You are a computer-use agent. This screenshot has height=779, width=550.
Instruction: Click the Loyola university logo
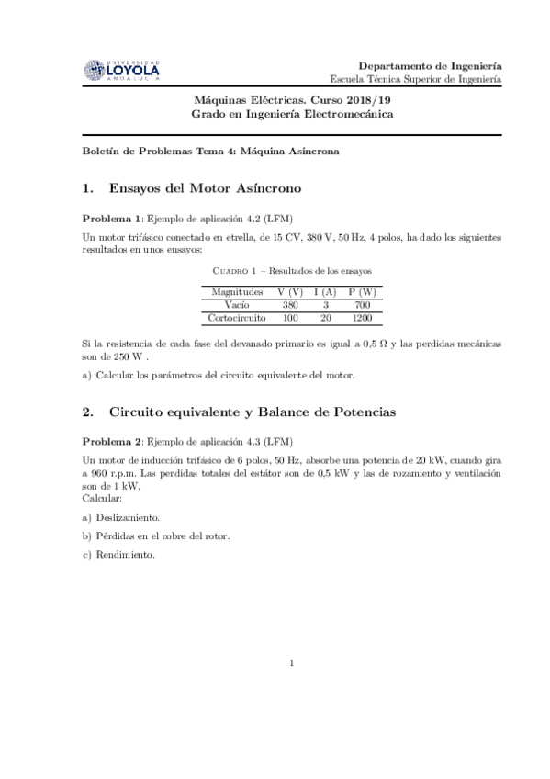coord(121,70)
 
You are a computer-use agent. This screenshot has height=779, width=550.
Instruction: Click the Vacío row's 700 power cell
coord(362,304)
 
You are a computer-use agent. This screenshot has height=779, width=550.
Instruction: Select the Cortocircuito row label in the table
coord(238,317)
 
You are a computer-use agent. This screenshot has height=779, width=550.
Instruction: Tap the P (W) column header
coord(362,291)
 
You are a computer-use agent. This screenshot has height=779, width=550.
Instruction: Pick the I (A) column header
coord(325,291)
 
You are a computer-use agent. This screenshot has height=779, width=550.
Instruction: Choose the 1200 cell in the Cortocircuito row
coord(362,317)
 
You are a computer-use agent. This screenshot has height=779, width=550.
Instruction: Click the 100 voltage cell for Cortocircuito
coord(290,317)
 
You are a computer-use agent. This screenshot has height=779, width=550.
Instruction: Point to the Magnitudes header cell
coord(238,291)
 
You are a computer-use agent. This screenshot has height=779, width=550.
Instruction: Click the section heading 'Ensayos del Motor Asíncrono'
coord(204,188)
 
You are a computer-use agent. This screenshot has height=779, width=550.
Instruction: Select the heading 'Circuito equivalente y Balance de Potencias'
coord(252,412)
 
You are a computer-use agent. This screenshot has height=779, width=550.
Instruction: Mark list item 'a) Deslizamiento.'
coord(120,517)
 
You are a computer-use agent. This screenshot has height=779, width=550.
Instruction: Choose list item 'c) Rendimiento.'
coord(118,555)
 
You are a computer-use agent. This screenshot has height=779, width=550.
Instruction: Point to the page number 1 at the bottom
coord(291,662)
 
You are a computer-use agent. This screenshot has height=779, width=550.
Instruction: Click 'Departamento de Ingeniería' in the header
coord(429,66)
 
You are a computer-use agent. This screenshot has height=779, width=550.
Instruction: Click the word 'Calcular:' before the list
coord(101,497)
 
